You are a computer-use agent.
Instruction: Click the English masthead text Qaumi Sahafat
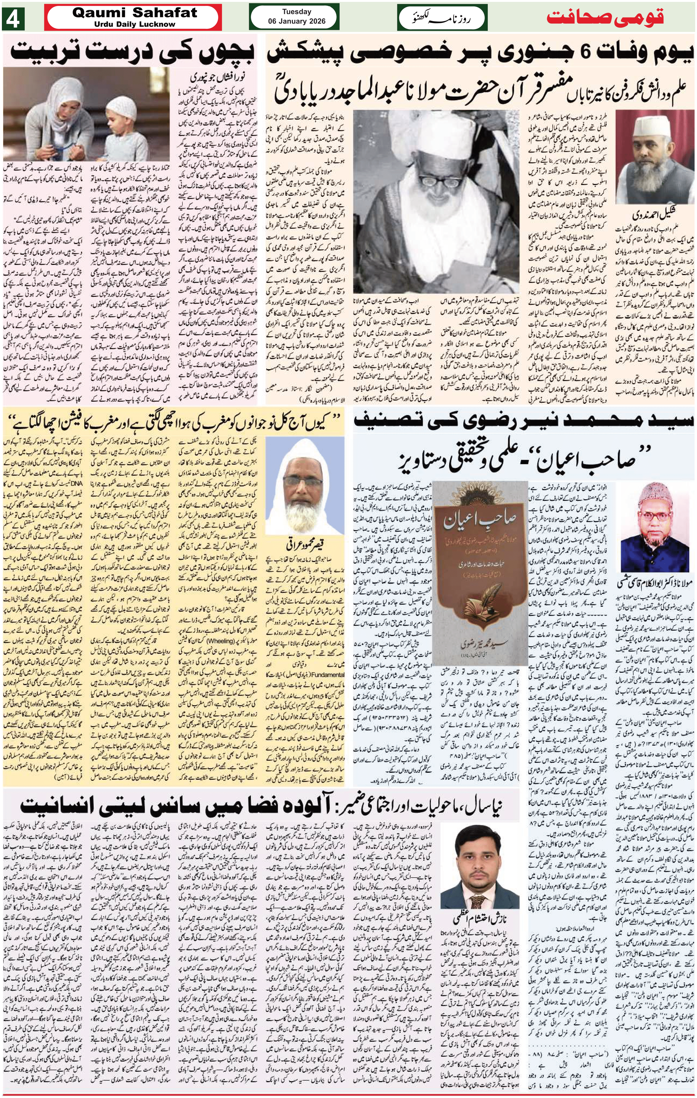tap(135, 13)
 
